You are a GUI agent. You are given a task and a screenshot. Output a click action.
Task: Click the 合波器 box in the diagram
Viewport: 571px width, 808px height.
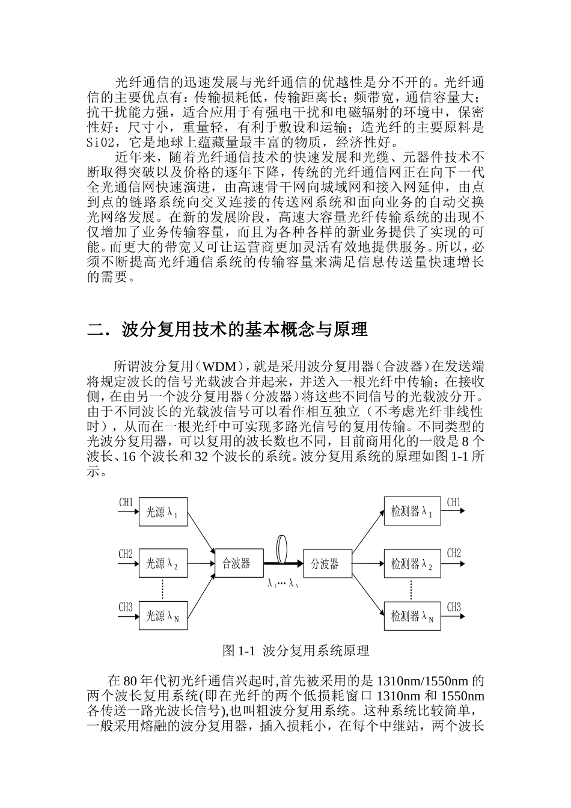(236, 563)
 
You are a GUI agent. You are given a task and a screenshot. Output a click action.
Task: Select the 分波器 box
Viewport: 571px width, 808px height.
(328, 563)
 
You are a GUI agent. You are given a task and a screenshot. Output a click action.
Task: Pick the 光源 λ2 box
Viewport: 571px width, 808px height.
(163, 563)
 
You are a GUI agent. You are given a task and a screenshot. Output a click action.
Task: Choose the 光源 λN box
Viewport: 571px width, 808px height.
(163, 615)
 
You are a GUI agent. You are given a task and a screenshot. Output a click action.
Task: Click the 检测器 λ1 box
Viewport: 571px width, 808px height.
(412, 512)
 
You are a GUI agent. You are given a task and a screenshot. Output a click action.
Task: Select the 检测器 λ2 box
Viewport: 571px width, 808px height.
(412, 563)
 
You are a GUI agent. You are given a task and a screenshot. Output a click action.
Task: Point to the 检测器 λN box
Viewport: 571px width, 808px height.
(412, 615)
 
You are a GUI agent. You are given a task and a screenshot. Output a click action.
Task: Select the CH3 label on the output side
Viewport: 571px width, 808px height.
(454, 607)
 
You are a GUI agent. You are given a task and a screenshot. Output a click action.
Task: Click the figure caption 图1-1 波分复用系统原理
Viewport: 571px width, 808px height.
(295, 650)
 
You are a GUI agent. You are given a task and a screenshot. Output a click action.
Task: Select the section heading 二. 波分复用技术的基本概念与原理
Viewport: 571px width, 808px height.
(227, 329)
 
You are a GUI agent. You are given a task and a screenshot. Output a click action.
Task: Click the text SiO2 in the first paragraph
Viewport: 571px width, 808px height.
(100, 143)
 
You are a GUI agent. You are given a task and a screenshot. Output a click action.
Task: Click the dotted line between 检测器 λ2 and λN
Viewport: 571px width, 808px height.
(411, 589)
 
